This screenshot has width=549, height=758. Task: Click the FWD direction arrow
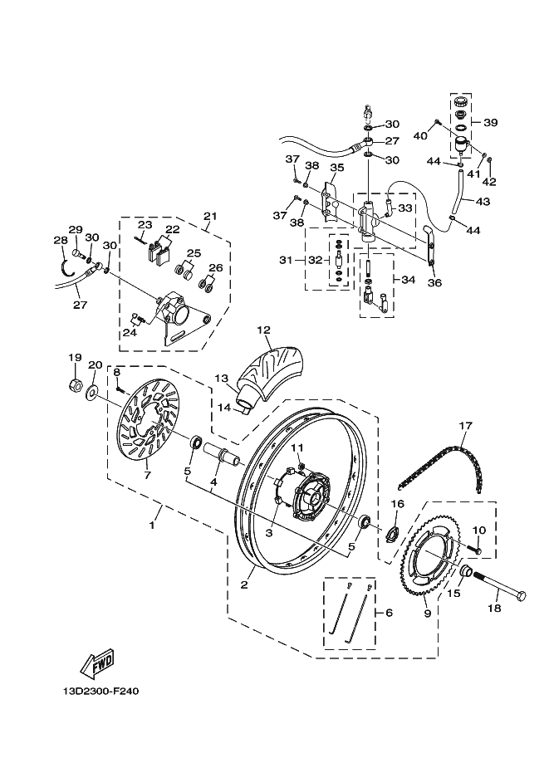click(x=97, y=663)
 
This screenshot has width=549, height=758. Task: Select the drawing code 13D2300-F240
click(x=100, y=692)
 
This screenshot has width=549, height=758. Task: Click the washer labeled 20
click(x=92, y=392)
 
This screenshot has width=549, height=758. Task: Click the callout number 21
click(x=210, y=216)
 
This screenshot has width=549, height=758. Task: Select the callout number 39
click(x=491, y=123)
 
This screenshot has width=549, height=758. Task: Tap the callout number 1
click(x=152, y=525)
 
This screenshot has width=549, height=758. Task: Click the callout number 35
click(x=336, y=168)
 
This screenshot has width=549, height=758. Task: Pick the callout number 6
click(x=390, y=613)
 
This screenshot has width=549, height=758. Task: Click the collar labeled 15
click(x=465, y=571)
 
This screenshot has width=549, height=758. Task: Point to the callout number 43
click(x=483, y=202)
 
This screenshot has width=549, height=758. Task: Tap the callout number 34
click(x=409, y=280)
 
